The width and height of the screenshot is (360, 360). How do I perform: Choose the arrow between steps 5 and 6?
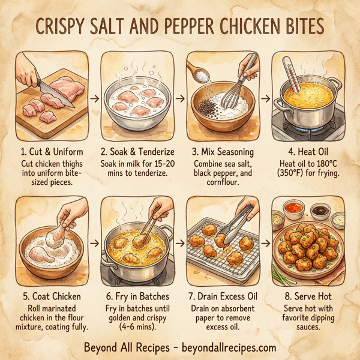click(94, 244)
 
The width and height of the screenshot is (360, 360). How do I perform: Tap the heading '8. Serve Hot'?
click(310, 295)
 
